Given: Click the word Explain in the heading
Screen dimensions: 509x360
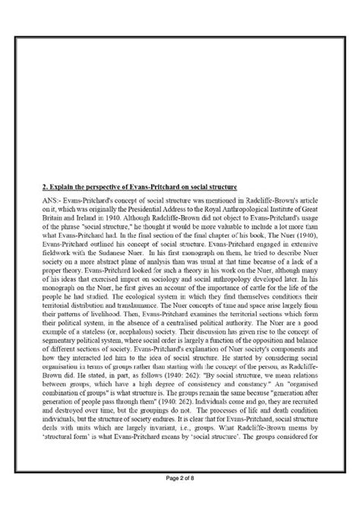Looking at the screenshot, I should [x=61, y=185].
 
